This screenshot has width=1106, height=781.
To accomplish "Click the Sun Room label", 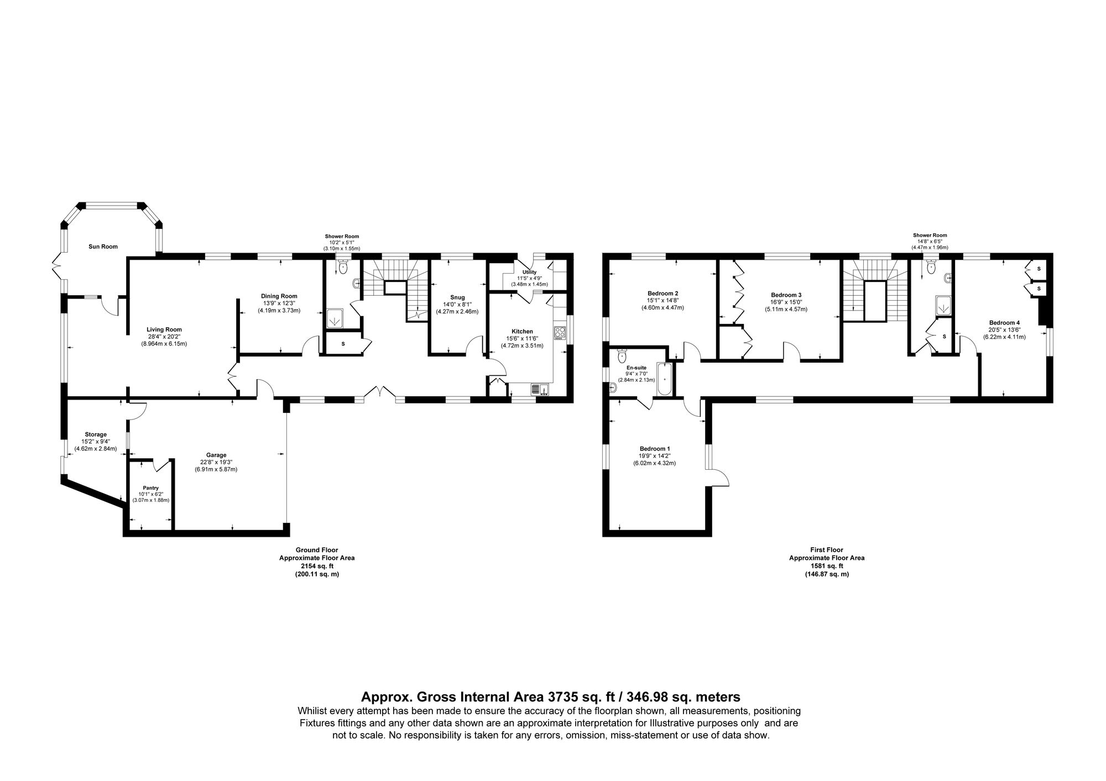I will pyautogui.click(x=103, y=247).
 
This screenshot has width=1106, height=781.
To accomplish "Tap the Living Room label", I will pyautogui.click(x=164, y=329).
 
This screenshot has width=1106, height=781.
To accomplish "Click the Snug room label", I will pyautogui.click(x=457, y=297).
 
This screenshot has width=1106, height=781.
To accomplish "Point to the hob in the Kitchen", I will pyautogui.click(x=559, y=333).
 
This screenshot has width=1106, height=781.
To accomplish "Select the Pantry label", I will pyautogui.click(x=150, y=488).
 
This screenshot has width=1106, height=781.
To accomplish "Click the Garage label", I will pyautogui.click(x=216, y=455).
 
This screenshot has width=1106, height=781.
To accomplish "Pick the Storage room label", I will pyautogui.click(x=96, y=434).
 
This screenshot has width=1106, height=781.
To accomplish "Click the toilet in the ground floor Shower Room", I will pyautogui.click(x=343, y=268).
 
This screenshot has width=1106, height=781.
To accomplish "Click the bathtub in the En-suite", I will pyautogui.click(x=664, y=379).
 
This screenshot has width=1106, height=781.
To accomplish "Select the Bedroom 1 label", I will pyautogui.click(x=655, y=448).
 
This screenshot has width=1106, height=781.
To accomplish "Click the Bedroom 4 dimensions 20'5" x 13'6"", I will pyautogui.click(x=1004, y=329).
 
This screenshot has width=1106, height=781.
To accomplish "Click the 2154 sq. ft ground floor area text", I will pyautogui.click(x=316, y=566).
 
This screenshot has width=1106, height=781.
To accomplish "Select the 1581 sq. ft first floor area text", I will pyautogui.click(x=826, y=566).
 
